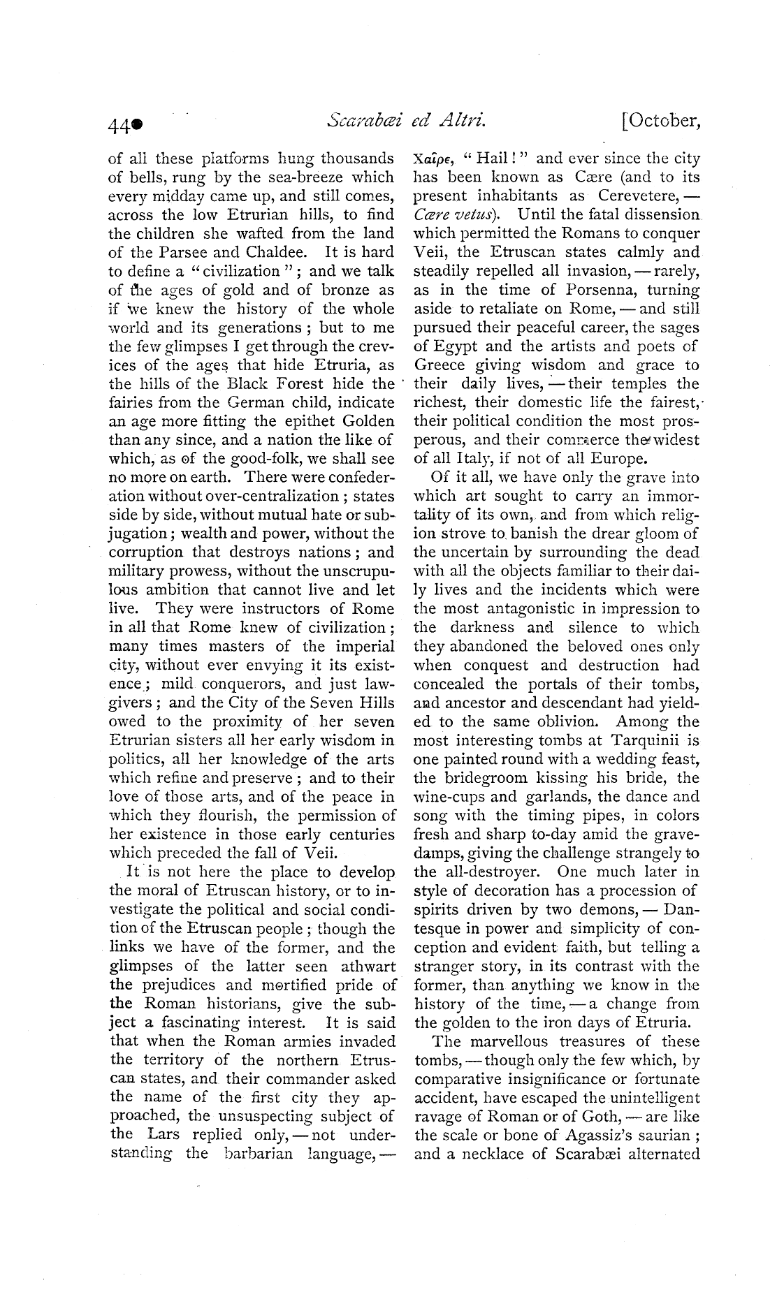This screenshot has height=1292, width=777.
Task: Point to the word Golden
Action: pos(362,422)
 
